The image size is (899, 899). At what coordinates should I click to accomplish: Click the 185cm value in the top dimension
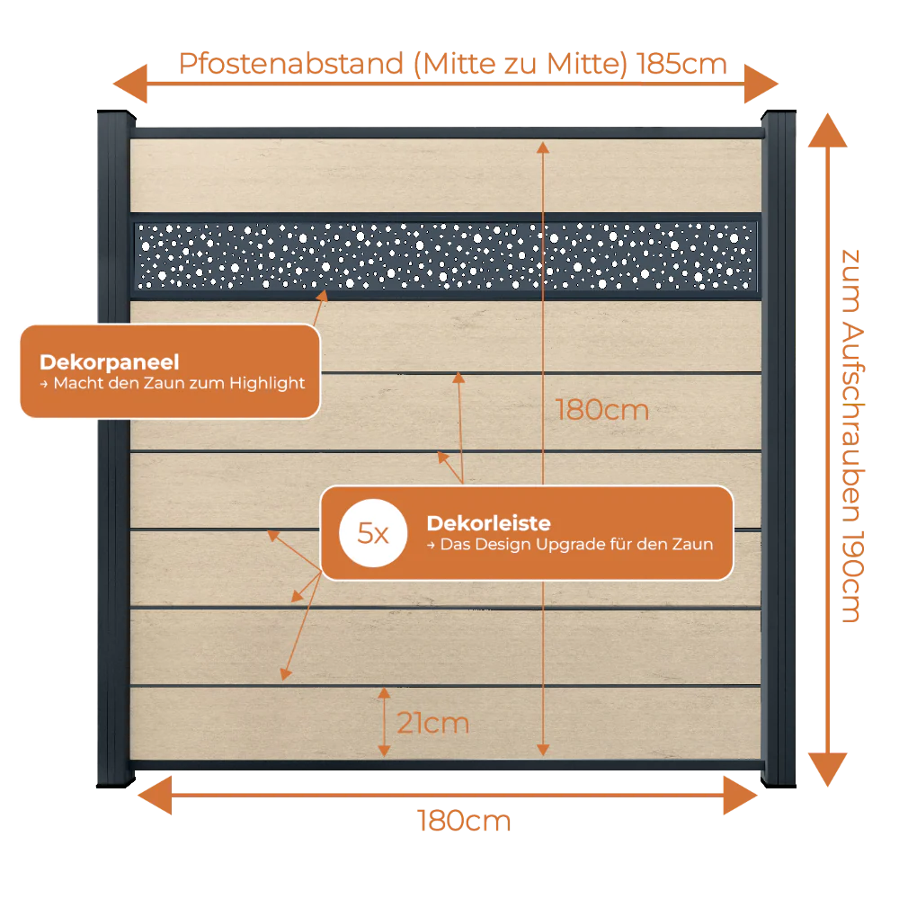click(x=681, y=64)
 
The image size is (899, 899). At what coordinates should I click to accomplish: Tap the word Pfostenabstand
click(x=291, y=64)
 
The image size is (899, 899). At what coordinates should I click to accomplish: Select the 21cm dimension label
click(x=433, y=723)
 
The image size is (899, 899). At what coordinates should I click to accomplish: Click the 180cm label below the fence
click(x=464, y=821)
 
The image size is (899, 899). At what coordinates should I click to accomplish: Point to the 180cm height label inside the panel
click(x=602, y=410)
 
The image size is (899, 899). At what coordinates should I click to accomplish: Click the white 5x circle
click(x=373, y=533)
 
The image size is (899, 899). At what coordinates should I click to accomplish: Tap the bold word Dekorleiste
click(x=488, y=523)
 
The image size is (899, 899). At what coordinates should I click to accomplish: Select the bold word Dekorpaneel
click(x=110, y=362)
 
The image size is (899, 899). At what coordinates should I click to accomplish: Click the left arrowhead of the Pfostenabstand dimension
click(x=130, y=84)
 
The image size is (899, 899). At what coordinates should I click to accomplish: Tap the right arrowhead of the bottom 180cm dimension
click(x=740, y=796)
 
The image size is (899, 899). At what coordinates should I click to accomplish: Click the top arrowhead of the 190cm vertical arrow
click(x=827, y=130)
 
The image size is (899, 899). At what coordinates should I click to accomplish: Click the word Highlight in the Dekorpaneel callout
click(x=267, y=383)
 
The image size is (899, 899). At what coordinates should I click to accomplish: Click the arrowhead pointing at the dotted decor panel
click(x=324, y=295)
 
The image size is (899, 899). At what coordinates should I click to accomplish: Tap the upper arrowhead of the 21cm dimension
click(x=384, y=692)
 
